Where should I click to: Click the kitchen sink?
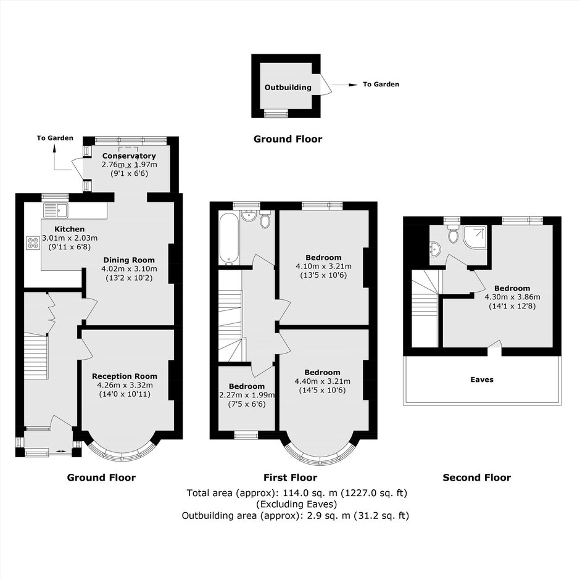(x=56, y=210)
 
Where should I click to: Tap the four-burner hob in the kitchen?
(x=33, y=242)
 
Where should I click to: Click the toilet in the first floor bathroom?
(x=265, y=219)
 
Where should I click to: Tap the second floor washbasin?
(x=435, y=249)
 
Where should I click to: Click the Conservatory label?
(x=129, y=155)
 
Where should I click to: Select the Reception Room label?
(x=125, y=376)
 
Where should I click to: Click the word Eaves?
(x=482, y=379)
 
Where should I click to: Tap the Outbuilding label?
(x=288, y=88)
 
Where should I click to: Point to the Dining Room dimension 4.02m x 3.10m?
(x=129, y=269)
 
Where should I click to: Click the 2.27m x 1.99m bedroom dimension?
(x=247, y=395)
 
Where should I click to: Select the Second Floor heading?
(x=477, y=478)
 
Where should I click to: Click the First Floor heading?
(x=291, y=478)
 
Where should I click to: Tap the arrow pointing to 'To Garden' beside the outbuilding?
(x=345, y=85)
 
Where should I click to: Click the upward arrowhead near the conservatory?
(x=55, y=148)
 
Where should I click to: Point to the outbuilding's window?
(x=276, y=114)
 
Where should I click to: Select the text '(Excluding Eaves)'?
(x=297, y=504)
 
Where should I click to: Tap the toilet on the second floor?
(x=453, y=233)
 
